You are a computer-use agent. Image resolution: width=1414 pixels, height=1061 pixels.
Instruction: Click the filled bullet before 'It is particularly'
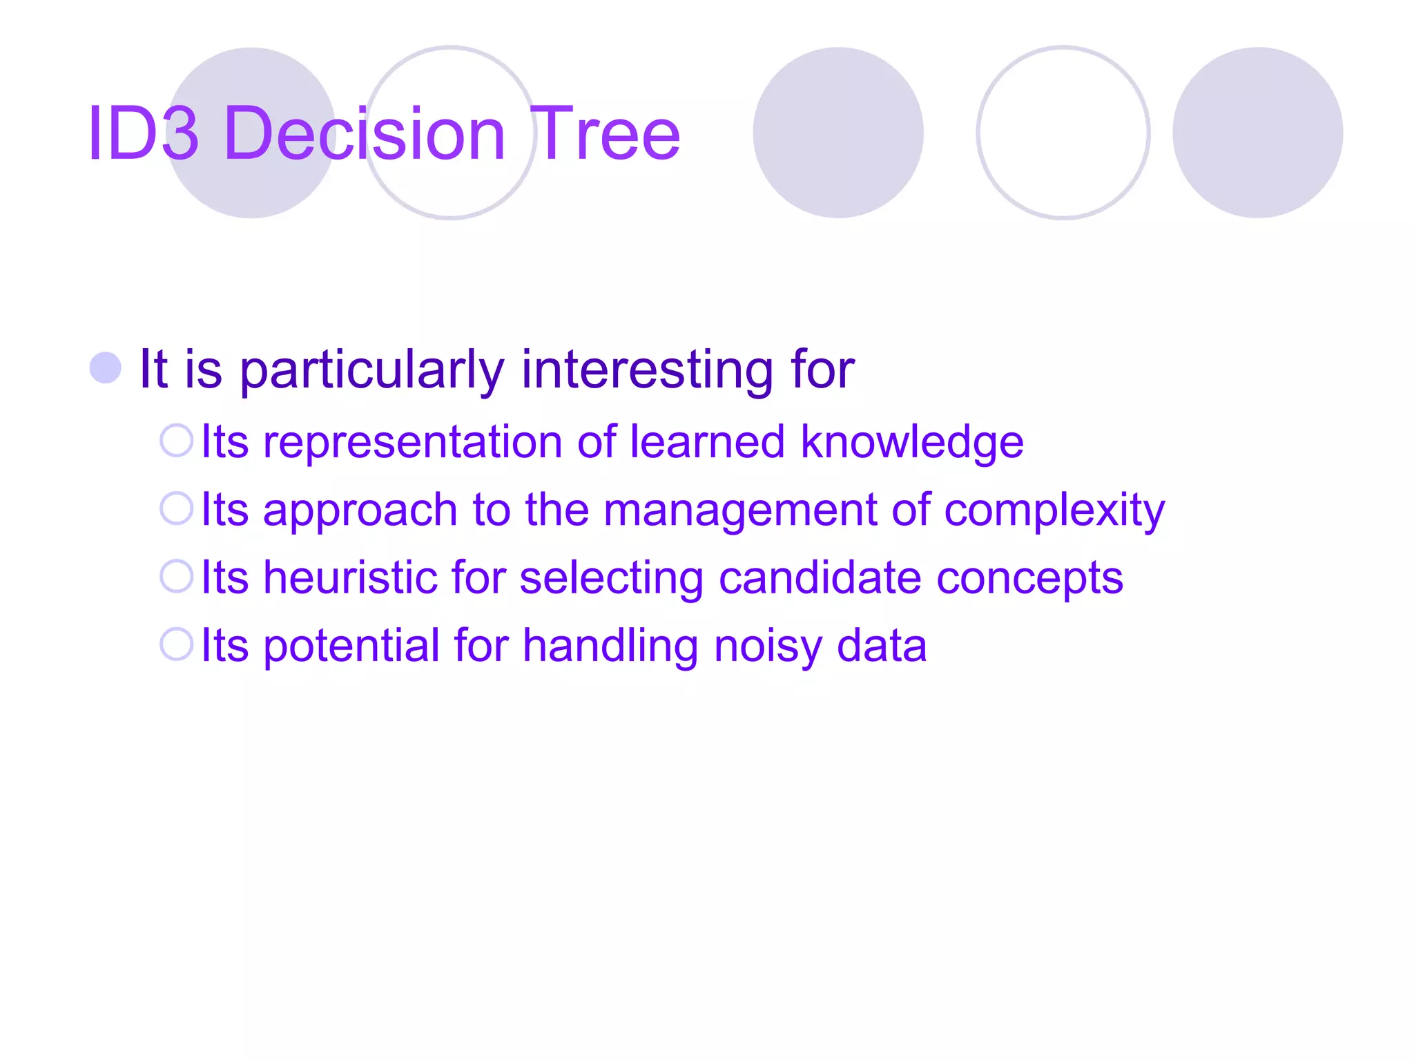[106, 367]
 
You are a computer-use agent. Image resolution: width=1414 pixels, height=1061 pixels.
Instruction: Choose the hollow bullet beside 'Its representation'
[176, 441]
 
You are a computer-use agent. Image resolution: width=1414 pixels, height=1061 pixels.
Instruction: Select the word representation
[412, 443]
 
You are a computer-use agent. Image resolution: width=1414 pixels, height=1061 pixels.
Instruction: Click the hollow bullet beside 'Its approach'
[176, 508]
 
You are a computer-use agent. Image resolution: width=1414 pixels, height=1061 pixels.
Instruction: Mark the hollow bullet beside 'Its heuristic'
[176, 576]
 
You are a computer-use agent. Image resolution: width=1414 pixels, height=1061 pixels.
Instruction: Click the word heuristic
[349, 577]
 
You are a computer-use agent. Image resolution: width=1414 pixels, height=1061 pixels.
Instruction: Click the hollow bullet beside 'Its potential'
[176, 644]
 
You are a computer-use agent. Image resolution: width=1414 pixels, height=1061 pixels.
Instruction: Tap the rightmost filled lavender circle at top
[1257, 133]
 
